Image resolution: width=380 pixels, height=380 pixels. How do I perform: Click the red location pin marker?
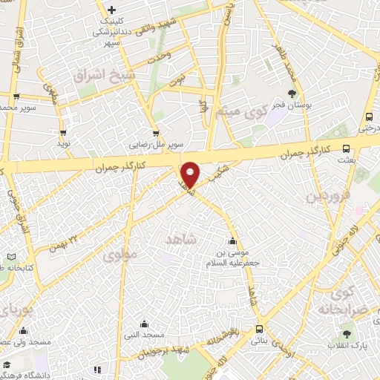point(190,174)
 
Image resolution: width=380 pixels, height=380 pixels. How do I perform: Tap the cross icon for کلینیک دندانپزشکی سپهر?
point(111,10)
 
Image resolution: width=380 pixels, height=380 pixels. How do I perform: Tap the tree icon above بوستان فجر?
point(291,94)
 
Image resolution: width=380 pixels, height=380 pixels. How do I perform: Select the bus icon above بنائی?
point(259,328)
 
